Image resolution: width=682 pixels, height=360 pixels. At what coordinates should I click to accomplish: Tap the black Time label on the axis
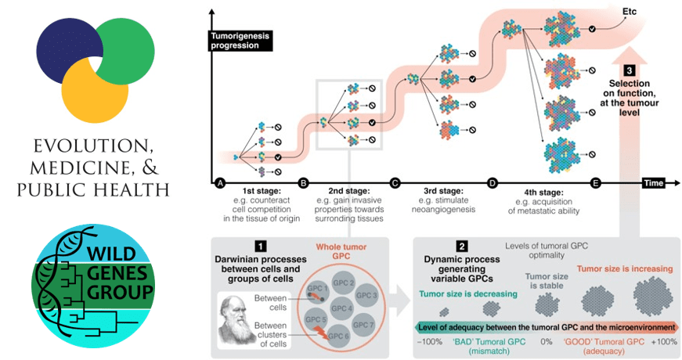(x=654, y=183)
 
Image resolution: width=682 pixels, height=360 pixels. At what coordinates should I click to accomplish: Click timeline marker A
(x=221, y=183)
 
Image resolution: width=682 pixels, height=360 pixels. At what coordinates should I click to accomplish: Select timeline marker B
(x=304, y=183)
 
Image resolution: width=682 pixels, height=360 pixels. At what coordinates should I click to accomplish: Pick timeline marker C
(x=395, y=183)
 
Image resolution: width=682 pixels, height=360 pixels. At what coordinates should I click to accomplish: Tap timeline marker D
(x=493, y=183)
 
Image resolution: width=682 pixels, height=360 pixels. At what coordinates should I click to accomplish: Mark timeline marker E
(x=596, y=183)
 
